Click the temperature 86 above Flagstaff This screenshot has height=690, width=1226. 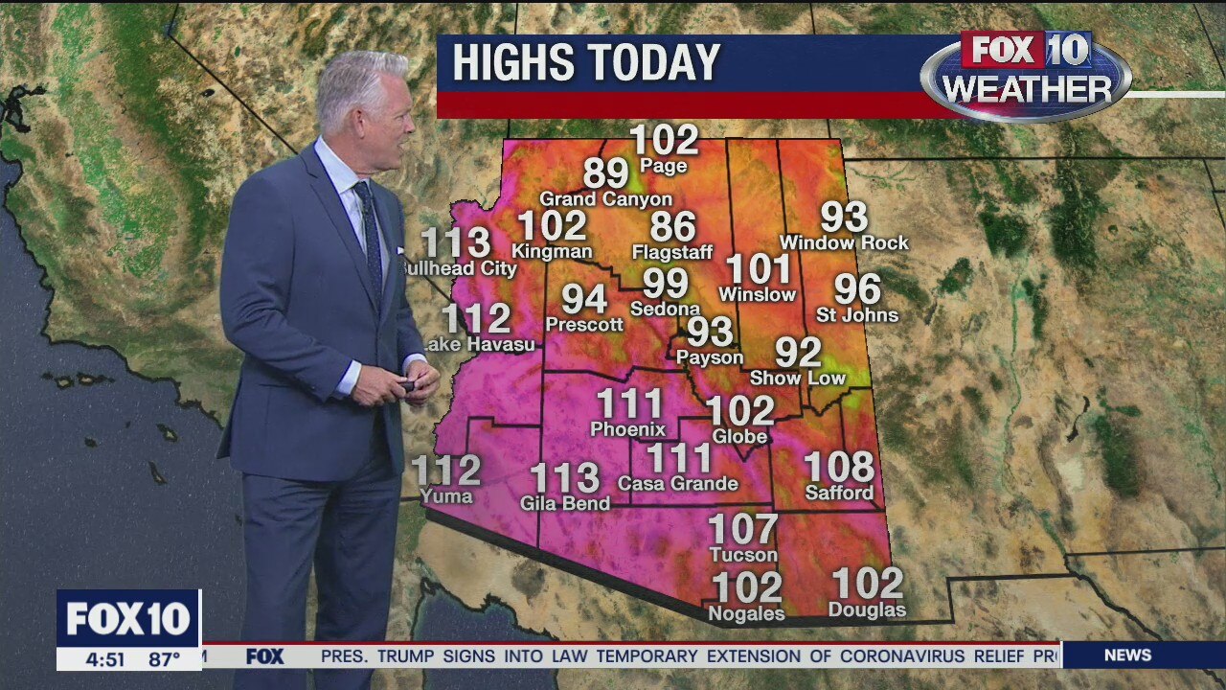[x=672, y=227]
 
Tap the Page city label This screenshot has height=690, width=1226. [x=664, y=166]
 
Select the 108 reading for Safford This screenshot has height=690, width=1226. [x=838, y=467]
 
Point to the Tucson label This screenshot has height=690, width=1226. [x=743, y=555]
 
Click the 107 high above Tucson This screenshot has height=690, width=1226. [x=743, y=528]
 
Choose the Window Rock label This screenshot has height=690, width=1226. [x=844, y=243]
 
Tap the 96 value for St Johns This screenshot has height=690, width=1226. [x=857, y=288]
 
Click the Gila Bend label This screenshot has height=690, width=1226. [x=565, y=503]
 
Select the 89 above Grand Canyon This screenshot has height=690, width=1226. [x=606, y=173]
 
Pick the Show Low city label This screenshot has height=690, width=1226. [x=798, y=378]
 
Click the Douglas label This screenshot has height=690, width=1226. [x=867, y=609]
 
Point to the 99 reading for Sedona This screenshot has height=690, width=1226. [x=665, y=284]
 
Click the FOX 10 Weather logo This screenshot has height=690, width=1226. [x=1026, y=75]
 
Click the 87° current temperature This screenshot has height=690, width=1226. [x=164, y=659]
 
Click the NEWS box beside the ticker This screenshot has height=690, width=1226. [x=1127, y=655]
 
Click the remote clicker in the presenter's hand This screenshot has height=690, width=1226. [x=407, y=385]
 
